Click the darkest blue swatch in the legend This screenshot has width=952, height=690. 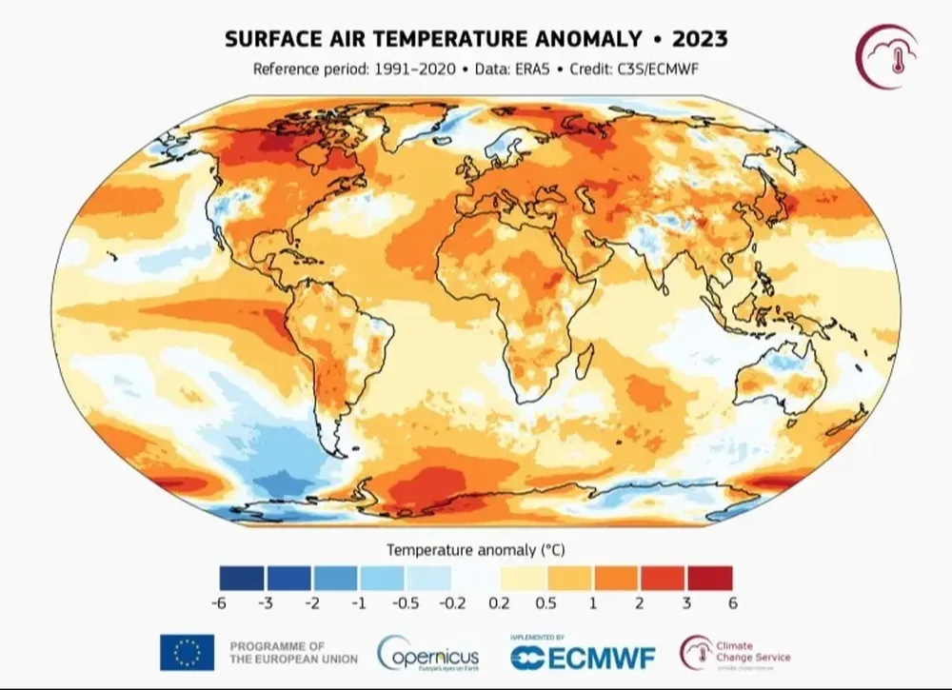click(x=242, y=578)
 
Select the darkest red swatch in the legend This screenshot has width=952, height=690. click(x=708, y=578)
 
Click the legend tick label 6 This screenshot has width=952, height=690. click(x=732, y=603)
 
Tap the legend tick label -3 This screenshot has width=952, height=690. click(x=266, y=603)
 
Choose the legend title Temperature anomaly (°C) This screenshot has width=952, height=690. click(x=475, y=550)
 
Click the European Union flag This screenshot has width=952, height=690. click(x=187, y=652)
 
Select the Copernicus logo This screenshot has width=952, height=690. click(x=428, y=654)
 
